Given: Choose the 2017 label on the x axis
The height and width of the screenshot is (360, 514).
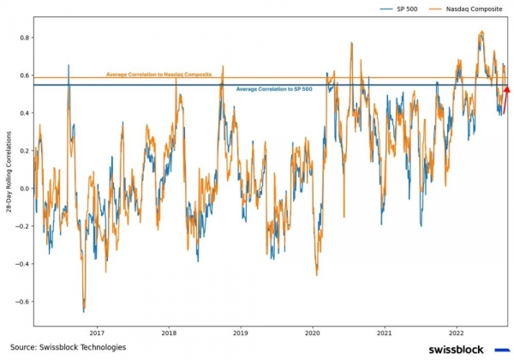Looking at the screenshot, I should (97, 333).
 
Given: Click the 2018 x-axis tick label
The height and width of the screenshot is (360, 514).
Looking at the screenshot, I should (169, 333).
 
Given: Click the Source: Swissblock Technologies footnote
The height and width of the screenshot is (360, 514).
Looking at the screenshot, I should (68, 347).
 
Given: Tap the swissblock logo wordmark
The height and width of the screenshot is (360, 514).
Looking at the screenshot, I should (456, 349).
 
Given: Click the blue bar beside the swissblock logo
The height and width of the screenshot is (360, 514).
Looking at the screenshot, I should (502, 349).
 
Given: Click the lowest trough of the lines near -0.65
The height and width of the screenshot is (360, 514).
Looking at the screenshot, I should (84, 310).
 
